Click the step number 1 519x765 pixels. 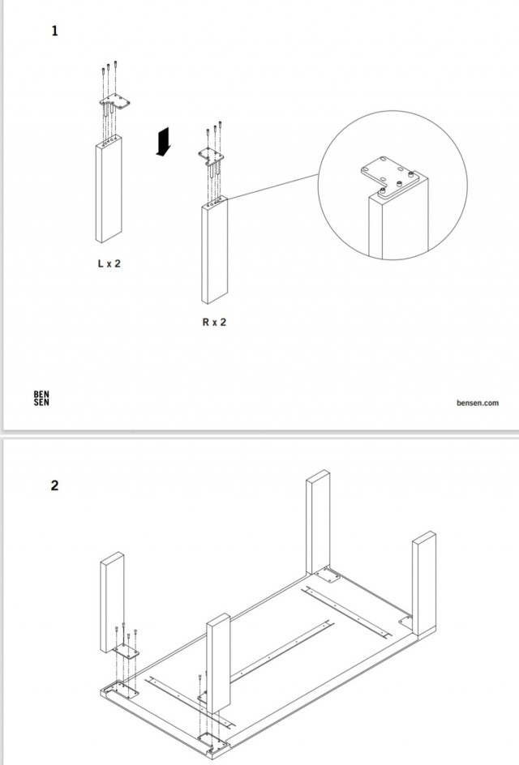tap(54, 32)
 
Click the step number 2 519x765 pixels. tap(54, 486)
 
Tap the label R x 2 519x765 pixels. tap(214, 322)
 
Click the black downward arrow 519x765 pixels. tap(165, 142)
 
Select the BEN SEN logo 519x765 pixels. tap(41, 400)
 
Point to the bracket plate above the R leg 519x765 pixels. tap(212, 155)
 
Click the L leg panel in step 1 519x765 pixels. tap(109, 190)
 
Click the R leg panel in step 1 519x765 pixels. tap(215, 251)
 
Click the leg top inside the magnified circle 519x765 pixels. tap(397, 223)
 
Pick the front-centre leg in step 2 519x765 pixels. tap(217, 665)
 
